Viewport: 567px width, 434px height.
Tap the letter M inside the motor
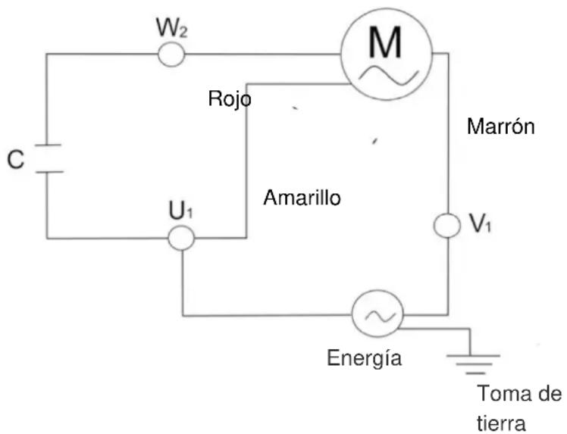[385, 45]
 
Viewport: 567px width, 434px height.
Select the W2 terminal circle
[171, 54]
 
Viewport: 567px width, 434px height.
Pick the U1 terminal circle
[181, 238]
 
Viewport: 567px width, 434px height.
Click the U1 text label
[180, 211]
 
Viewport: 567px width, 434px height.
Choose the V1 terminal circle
[446, 225]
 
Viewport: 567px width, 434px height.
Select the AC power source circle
[377, 314]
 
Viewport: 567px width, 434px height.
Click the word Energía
[364, 358]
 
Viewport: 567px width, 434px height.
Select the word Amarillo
[302, 198]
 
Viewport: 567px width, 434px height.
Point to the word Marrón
[501, 126]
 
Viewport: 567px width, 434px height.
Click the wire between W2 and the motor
[262, 54]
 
